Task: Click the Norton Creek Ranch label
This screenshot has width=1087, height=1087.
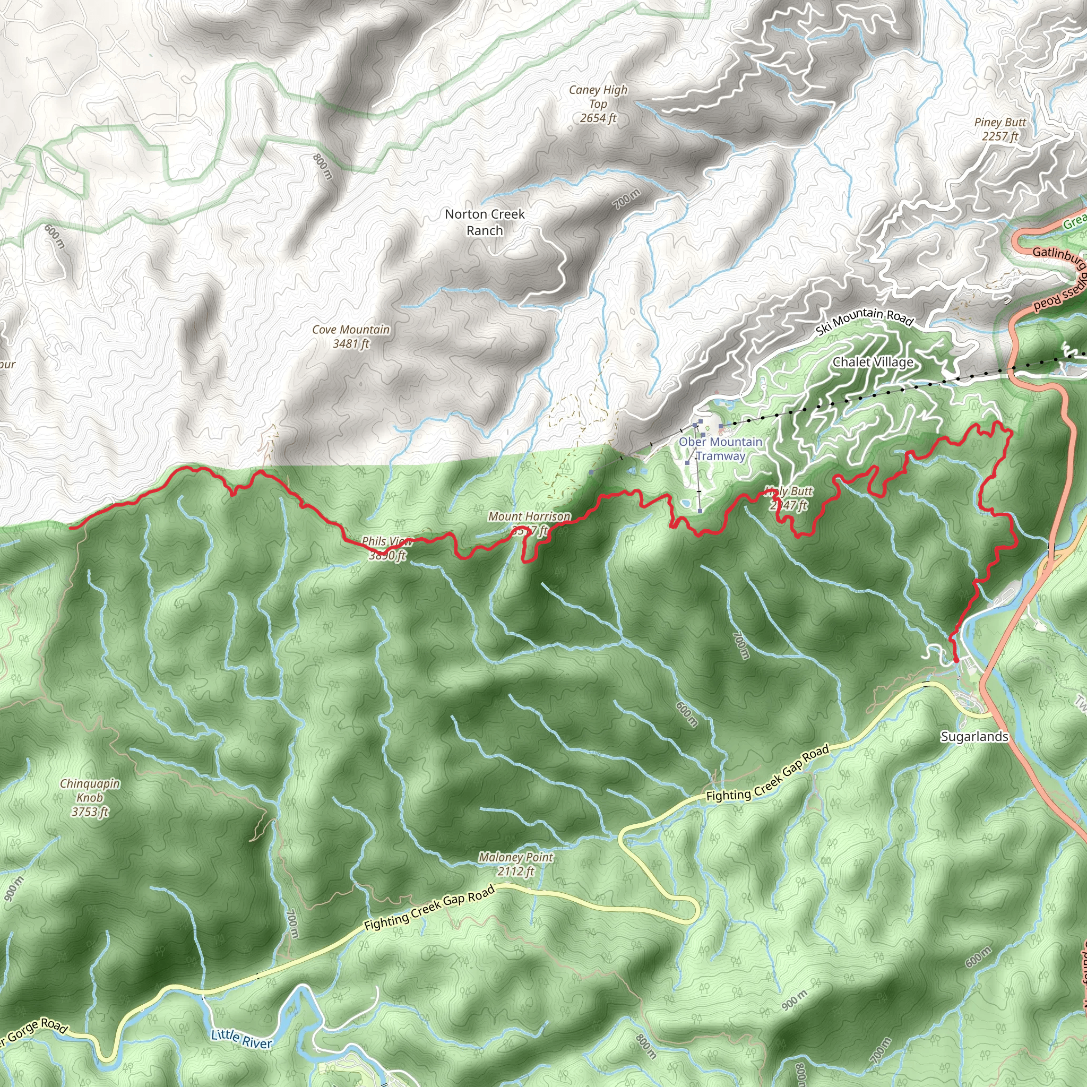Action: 485,222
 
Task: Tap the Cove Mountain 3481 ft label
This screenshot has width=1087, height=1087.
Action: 351,337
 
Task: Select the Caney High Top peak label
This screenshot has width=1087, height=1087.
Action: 598,103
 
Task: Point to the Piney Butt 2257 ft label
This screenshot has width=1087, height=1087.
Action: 1000,129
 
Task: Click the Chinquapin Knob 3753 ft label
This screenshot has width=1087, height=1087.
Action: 90,797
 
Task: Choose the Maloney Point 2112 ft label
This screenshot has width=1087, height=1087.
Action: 516,864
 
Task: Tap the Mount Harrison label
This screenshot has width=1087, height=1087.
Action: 529,517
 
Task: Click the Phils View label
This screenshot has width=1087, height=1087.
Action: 387,541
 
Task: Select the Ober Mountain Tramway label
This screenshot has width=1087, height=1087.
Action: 720,448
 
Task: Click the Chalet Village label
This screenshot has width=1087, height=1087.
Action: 873,362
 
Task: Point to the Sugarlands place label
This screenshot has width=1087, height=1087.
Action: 974,736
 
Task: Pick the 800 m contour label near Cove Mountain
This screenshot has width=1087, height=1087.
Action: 322,167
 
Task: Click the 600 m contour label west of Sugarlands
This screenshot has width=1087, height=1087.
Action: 687,714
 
